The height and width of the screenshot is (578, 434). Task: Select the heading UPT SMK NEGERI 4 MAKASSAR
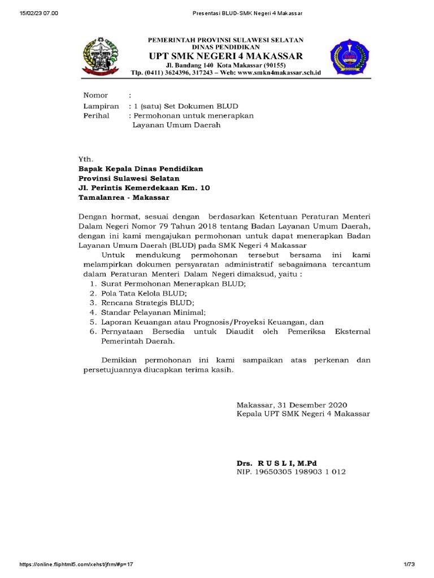coord(225,56)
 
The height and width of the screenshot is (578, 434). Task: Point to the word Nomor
coord(96,95)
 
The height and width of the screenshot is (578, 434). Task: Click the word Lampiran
coord(101,106)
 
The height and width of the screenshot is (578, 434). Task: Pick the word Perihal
coord(97,115)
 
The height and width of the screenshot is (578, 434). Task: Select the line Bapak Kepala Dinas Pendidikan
coord(140,169)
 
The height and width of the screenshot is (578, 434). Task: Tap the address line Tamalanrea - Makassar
coord(123,198)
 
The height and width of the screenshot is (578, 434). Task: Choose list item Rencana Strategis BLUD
coord(144,303)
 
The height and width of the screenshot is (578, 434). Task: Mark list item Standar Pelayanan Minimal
coord(153,312)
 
